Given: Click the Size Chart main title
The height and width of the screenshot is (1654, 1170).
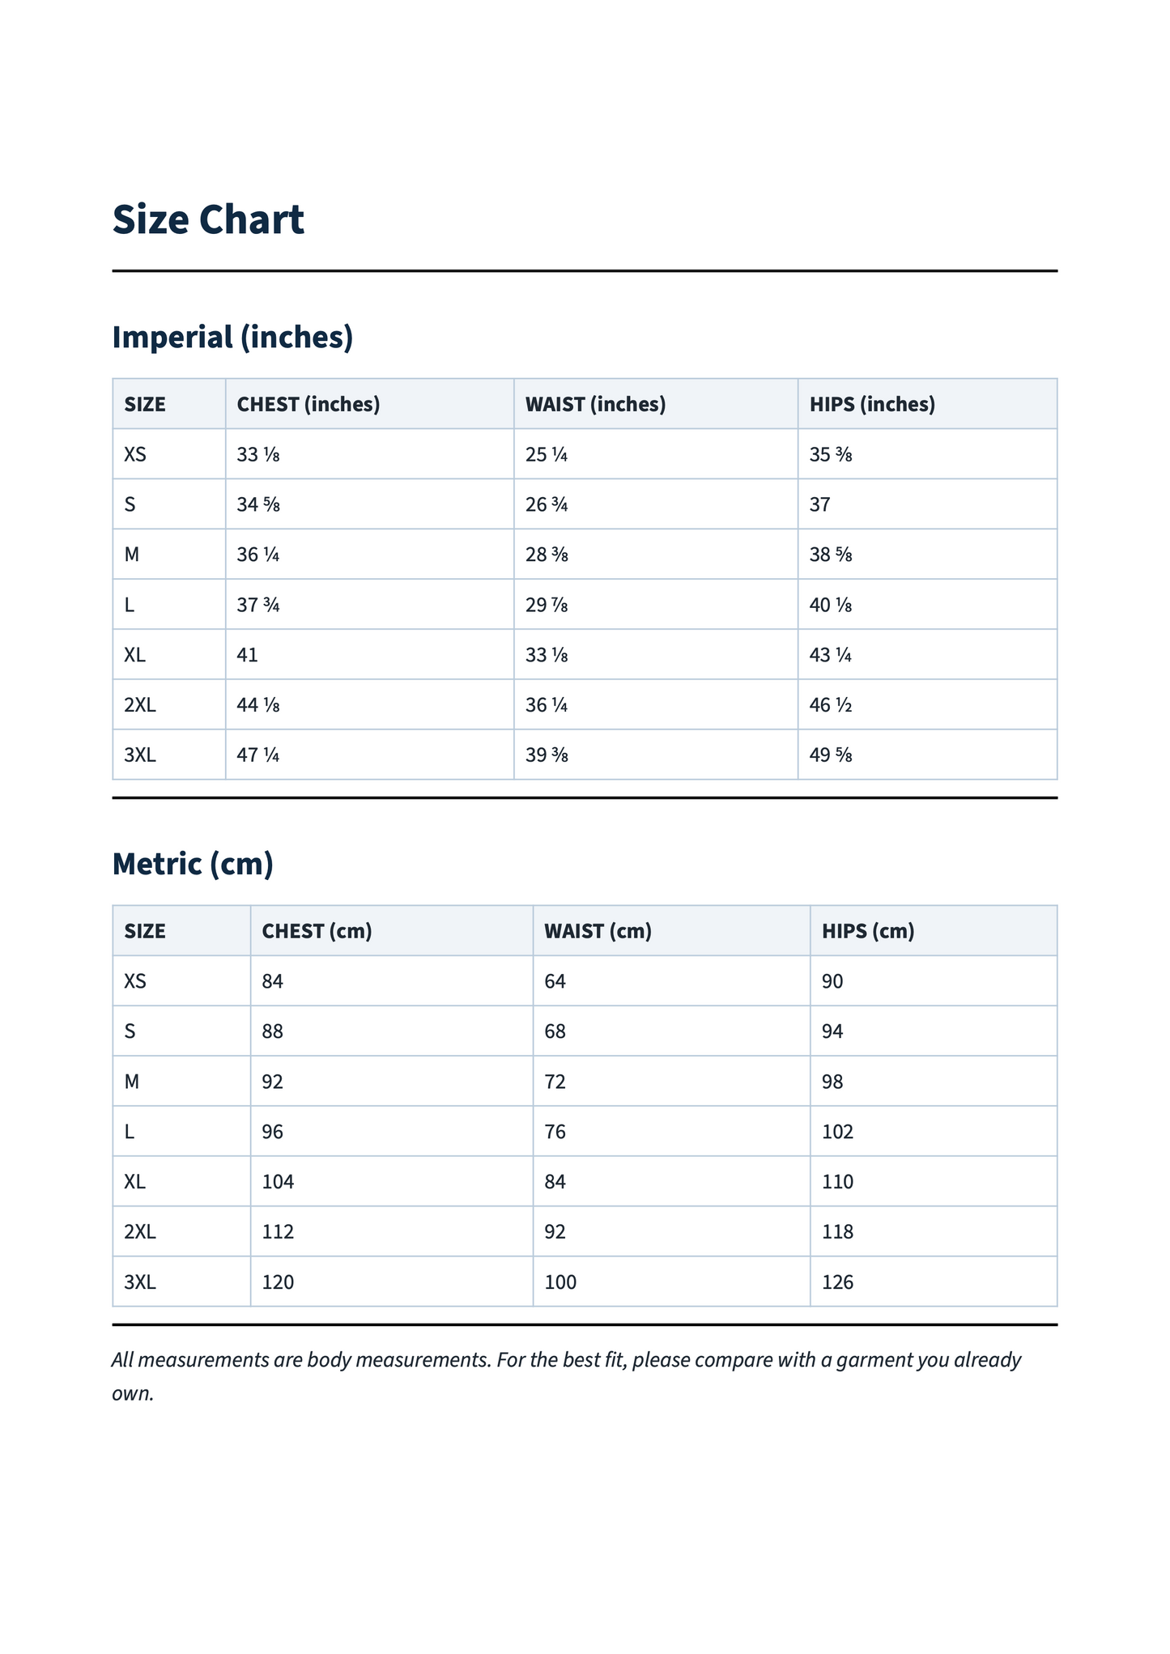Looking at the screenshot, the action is [x=208, y=220].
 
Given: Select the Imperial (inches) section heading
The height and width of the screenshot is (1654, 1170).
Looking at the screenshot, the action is [x=232, y=337].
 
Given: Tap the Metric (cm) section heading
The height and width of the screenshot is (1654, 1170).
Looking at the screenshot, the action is [x=193, y=864].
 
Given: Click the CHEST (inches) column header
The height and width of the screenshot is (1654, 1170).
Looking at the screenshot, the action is [x=308, y=404].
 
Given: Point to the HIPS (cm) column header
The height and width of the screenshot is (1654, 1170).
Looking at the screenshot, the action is [x=868, y=931].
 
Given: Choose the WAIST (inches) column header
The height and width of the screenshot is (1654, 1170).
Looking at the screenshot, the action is [x=595, y=404].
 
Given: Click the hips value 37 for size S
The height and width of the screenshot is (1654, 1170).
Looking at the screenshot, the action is [x=820, y=505].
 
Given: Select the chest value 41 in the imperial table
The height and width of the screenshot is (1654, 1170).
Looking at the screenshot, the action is [x=248, y=655].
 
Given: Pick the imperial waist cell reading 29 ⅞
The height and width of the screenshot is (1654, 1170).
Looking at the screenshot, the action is [x=547, y=605].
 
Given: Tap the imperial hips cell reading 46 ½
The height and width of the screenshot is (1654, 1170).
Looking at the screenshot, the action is [x=831, y=705].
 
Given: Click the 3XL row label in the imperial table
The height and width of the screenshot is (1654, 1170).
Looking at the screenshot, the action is [x=140, y=755].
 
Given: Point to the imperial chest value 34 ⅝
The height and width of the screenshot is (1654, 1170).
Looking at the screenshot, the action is [x=258, y=505].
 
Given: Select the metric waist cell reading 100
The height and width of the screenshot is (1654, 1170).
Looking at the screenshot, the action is [x=561, y=1282].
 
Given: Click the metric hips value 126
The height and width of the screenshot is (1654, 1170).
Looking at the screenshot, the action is [x=838, y=1282].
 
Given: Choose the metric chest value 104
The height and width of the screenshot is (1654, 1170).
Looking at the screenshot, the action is [x=279, y=1182].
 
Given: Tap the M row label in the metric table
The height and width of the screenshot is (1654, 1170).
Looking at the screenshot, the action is [x=132, y=1082].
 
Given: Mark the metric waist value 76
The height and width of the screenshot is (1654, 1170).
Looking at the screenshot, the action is [x=555, y=1132].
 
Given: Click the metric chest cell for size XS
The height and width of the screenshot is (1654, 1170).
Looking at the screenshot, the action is [x=273, y=981].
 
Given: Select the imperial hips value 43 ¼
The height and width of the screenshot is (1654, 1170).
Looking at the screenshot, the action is [x=831, y=655].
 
